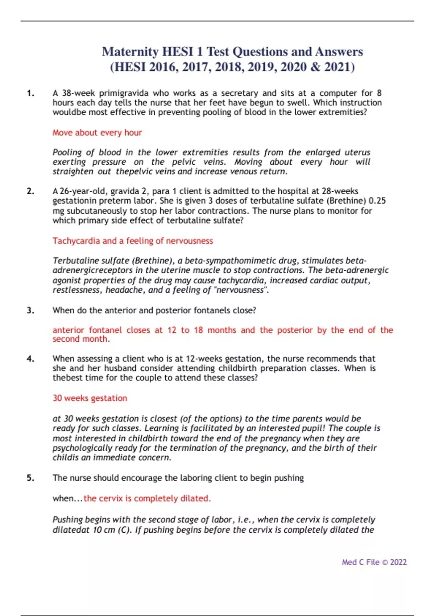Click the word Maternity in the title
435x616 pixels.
[130, 51]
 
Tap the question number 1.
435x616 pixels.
[30, 93]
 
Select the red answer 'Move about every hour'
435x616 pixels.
[97, 133]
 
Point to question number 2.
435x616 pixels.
[30, 191]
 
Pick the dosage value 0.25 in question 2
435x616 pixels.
[377, 201]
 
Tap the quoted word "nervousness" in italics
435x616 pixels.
[241, 290]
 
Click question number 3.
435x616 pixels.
[30, 310]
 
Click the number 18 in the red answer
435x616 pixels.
[198, 330]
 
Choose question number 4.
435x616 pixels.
[30, 359]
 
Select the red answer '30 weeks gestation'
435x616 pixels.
[90, 398]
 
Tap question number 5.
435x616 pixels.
[30, 478]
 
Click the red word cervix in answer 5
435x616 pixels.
[111, 499]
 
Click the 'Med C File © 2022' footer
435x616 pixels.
[374, 562]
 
